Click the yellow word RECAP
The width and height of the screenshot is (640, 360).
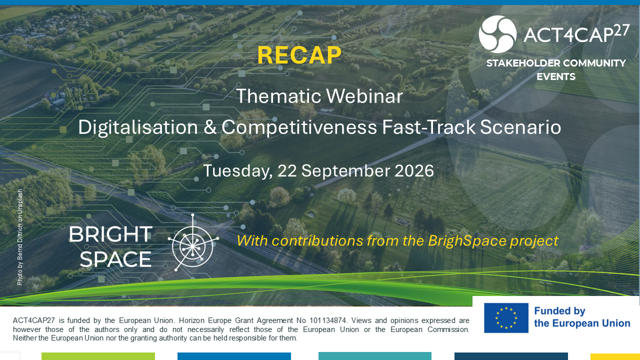(299, 55)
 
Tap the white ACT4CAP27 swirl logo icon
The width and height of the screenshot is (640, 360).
(497, 34)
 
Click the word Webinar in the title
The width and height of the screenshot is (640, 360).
(364, 96)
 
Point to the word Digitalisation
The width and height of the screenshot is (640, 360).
(138, 127)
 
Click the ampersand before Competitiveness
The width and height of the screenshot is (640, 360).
(209, 127)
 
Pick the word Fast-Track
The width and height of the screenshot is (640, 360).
(428, 127)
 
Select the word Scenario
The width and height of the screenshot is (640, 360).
(520, 127)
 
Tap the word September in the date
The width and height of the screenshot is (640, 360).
(345, 171)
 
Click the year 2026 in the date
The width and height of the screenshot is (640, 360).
(414, 171)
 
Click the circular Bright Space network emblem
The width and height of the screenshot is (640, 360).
(193, 242)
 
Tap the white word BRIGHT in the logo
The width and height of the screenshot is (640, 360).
(110, 234)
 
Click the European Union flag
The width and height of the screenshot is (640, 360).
(506, 318)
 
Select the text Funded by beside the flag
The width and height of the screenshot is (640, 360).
(559, 311)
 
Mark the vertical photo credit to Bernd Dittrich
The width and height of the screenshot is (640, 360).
(19, 237)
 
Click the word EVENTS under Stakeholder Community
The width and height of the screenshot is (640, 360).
(556, 76)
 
